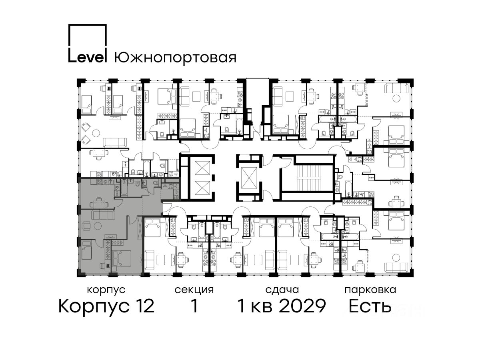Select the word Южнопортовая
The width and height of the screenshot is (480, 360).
pyautogui.click(x=175, y=58)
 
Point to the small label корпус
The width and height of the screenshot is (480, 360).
pyautogui.click(x=106, y=290)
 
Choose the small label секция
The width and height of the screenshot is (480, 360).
pyautogui.click(x=194, y=290)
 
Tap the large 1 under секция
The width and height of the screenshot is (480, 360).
pyautogui.click(x=194, y=306)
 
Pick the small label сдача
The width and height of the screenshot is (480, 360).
pyautogui.click(x=282, y=290)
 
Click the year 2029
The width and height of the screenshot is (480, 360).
pyautogui.click(x=303, y=306)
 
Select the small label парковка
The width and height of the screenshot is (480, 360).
pyautogui.click(x=370, y=290)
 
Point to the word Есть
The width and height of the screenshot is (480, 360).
pyautogui.click(x=370, y=306)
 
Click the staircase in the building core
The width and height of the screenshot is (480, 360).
pyautogui.click(x=308, y=177)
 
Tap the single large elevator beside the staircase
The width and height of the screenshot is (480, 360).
pyautogui.click(x=249, y=178)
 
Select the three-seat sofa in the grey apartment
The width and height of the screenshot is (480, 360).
pyautogui.click(x=103, y=214)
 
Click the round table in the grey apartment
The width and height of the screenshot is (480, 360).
pyautogui.click(x=98, y=226)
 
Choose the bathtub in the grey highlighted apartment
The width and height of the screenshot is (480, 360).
pyautogui.click(x=124, y=187)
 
